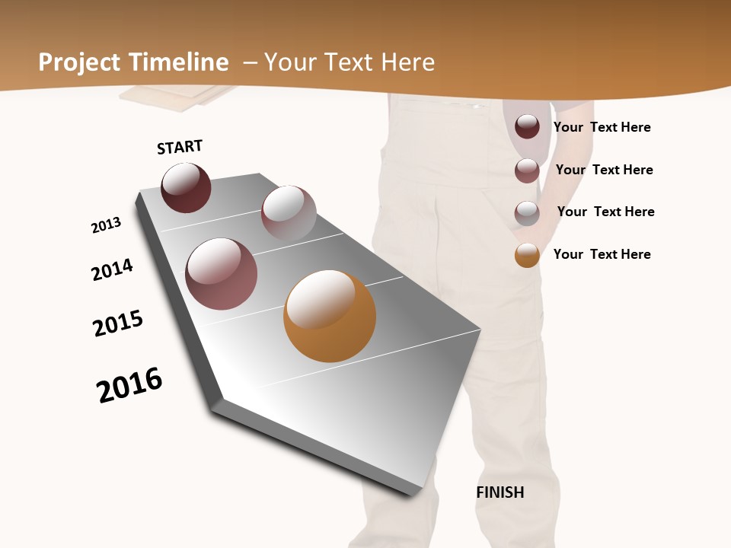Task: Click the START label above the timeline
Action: click(x=180, y=147)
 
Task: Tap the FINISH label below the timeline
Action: click(x=500, y=492)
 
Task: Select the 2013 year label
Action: click(x=106, y=225)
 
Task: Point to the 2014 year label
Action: click(x=112, y=269)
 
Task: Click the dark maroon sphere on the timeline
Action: click(x=186, y=188)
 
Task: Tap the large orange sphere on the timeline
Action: click(x=330, y=316)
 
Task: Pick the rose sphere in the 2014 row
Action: click(x=222, y=274)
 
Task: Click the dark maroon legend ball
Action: click(x=527, y=126)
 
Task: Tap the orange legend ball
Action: click(x=527, y=255)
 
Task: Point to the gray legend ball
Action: click(x=527, y=213)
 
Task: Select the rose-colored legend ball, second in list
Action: click(x=527, y=170)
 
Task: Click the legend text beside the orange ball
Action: click(x=602, y=254)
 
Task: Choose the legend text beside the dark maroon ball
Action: click(x=602, y=127)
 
